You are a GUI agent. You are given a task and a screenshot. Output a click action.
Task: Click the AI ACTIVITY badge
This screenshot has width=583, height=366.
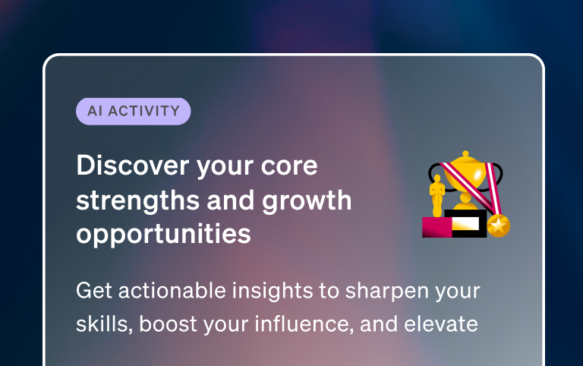coord(133,111)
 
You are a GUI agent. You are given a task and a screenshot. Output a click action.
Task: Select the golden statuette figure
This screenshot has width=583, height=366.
coord(436,196)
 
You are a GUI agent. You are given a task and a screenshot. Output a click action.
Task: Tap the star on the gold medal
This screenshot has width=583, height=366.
coord(498,225)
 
